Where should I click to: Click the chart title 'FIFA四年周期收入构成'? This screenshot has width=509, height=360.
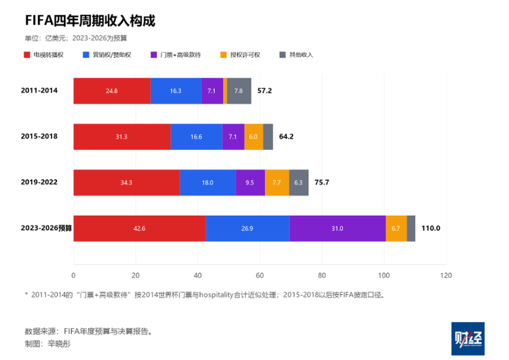coord(90,21)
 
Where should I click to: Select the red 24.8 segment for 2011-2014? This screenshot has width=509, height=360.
coord(112,91)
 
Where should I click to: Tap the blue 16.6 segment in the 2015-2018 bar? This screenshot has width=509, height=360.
coord(196,137)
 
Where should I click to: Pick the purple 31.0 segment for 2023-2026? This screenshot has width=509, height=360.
coord(337,228)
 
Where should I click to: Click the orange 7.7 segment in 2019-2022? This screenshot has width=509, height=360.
coord(277,183)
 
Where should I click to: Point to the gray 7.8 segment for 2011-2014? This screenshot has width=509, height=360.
coord(239,91)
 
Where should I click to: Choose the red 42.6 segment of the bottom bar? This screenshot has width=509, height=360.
coord(140,228)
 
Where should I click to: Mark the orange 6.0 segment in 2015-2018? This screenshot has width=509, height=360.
coord(254,137)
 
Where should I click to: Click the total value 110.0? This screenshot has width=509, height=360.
coord(431,228)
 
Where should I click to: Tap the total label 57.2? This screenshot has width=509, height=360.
coord(265,90)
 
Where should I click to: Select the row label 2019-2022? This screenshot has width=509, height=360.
coord(39,182)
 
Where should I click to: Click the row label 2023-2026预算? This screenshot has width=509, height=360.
coord(46,228)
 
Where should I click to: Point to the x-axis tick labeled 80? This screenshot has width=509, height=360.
coord(322,276)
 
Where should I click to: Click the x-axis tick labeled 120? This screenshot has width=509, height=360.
coord(446,276)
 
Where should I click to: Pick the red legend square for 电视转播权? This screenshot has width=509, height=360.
coord(27,54)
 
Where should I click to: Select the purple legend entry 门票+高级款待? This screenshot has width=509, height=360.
coord(176,54)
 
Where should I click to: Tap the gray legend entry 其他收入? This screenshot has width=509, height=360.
coord(296,54)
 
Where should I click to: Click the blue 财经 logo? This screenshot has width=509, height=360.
coord(468,339)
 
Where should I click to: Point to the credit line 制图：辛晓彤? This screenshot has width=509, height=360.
coord(48,344)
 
